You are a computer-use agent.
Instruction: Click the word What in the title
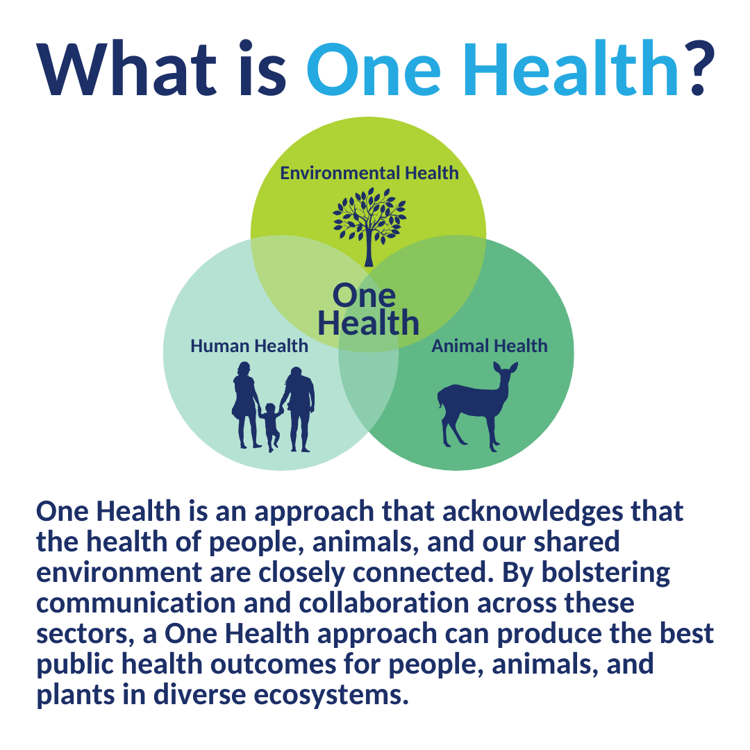point(127,69)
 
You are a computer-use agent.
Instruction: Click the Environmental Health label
point(369,173)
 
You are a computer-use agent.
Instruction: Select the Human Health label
point(249,346)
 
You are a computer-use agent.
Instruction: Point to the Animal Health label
point(490,346)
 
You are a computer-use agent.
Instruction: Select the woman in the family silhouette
point(246,405)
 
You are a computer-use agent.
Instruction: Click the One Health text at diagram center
point(368,310)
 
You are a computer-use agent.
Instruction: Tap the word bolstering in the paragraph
point(606,572)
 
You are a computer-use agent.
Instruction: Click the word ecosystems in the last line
point(331,695)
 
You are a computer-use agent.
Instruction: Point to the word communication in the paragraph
point(136,603)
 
